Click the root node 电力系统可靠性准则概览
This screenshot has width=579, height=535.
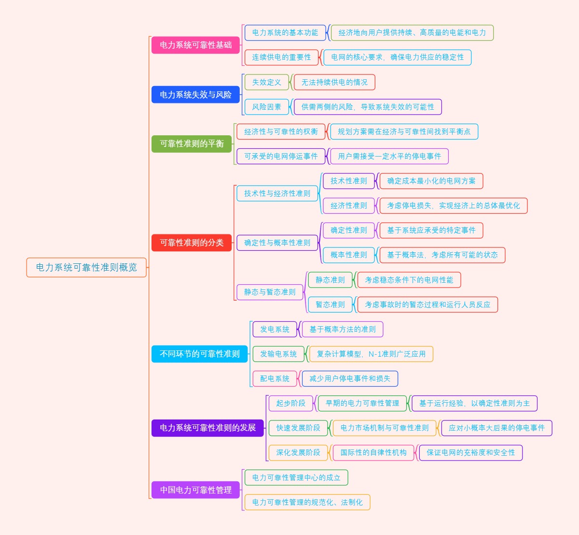tap(86, 267)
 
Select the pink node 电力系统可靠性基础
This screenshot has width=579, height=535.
tap(195, 45)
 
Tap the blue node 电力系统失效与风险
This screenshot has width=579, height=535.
tap(195, 95)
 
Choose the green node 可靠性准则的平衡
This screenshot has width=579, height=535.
tap(192, 144)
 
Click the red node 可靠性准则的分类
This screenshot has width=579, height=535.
tap(192, 243)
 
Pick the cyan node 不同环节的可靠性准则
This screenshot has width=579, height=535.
tap(199, 354)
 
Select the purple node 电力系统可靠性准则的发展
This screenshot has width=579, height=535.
tap(207, 428)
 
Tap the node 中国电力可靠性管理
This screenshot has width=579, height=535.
tap(195, 490)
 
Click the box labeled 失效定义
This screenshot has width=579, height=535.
tap(266, 82)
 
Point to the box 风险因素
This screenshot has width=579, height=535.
tap(266, 107)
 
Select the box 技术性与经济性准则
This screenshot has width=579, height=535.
tap(277, 193)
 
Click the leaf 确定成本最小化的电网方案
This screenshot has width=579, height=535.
tap(431, 181)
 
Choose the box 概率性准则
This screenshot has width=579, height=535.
tap(348, 255)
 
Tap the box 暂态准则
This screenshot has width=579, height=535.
tap(330, 304)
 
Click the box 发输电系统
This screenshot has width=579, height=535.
tap(278, 354)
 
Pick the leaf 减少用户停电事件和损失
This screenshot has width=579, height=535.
tap(350, 378)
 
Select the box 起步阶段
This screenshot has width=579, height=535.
tap(290, 403)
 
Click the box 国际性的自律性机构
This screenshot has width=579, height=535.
tap(373, 452)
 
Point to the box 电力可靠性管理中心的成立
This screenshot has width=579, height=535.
tap(296, 477)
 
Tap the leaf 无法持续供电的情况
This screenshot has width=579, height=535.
tap(334, 82)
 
